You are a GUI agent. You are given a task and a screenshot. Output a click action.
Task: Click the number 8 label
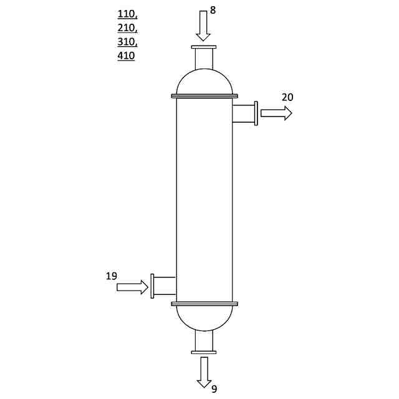click(213, 10)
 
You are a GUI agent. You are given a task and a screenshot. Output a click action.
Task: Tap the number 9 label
click(214, 389)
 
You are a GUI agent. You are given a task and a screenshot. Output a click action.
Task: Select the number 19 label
click(112, 276)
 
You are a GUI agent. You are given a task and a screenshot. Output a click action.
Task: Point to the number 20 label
click(287, 97)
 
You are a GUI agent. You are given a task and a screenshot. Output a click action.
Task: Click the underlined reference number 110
click(127, 14)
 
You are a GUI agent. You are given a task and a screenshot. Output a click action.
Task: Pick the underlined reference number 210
click(127, 28)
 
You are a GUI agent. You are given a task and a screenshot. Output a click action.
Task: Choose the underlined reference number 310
click(127, 42)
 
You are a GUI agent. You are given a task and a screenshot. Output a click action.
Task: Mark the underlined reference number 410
click(126, 55)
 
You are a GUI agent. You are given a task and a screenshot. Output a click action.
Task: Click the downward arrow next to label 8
click(203, 26)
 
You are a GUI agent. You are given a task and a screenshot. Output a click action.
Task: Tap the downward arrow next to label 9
click(204, 372)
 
